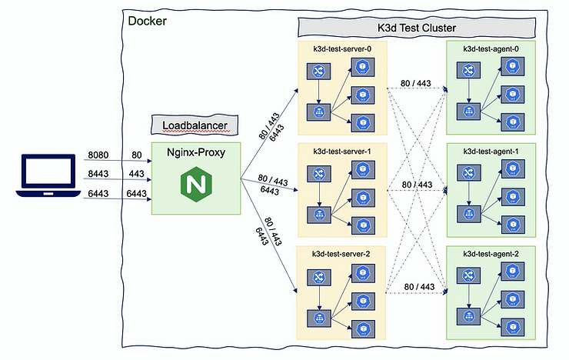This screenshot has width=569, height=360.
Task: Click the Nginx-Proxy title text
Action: (196, 152)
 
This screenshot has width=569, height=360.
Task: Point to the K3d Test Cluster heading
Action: (417, 28)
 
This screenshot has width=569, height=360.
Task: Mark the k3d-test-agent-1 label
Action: (491, 151)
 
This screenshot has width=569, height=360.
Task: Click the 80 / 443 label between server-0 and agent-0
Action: (415, 83)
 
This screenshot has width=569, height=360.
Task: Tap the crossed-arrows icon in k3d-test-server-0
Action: (318, 70)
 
